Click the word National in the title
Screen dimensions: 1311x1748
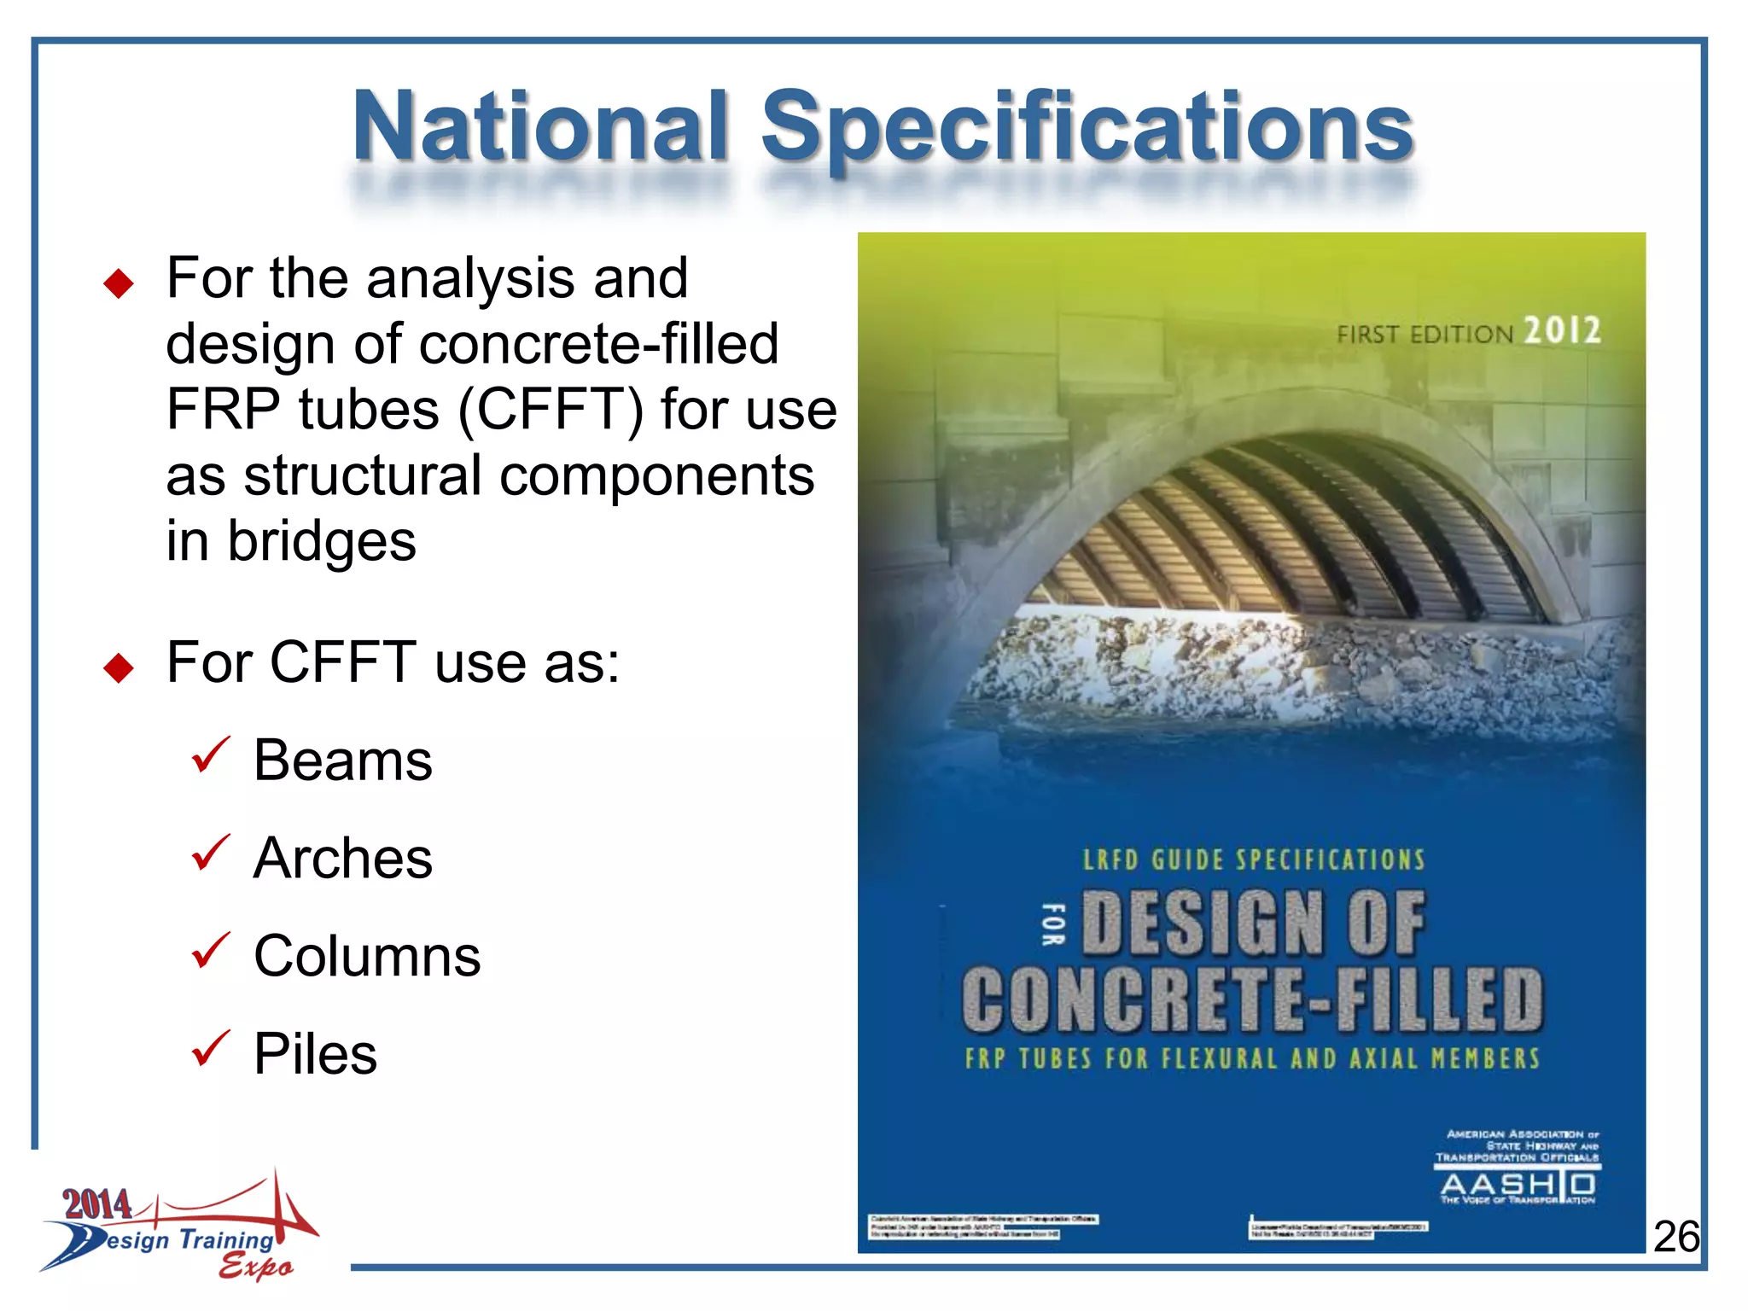541,128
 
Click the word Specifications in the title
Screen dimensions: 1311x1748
1087,128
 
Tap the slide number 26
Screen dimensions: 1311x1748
1676,1237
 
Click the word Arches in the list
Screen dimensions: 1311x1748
343,858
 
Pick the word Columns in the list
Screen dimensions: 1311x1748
367,956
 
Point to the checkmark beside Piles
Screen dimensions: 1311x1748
210,1048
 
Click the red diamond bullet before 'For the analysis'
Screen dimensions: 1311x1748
119,283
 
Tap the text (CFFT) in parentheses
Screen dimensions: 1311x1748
551,410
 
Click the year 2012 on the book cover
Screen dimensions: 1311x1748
1562,330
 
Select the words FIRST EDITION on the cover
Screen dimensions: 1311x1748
1424,334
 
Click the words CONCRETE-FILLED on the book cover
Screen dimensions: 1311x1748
1252,999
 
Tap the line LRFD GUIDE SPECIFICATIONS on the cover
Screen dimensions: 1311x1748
1254,859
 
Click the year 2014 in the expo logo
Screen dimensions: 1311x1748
96,1204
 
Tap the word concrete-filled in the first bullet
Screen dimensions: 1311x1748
598,344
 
